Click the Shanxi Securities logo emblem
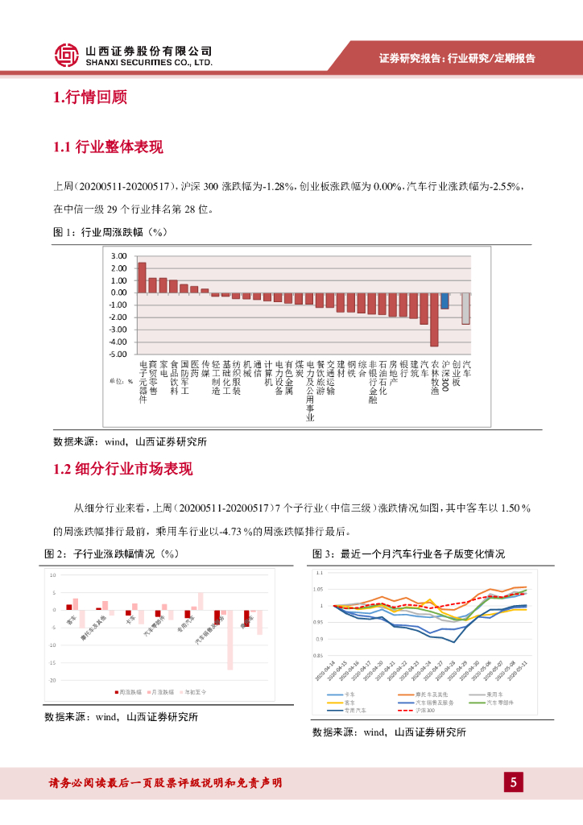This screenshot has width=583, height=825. pyautogui.click(x=66, y=55)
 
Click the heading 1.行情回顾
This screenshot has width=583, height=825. pyautogui.click(x=89, y=98)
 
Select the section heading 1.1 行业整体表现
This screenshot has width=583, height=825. pyautogui.click(x=108, y=147)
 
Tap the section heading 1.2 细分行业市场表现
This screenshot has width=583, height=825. pyautogui.click(x=122, y=469)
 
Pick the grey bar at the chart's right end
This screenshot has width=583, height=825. pyautogui.click(x=465, y=308)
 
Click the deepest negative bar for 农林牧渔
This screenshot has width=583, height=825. pyautogui.click(x=434, y=319)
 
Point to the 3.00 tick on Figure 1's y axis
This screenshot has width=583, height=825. pyautogui.click(x=119, y=256)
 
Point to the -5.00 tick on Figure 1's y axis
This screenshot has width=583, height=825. pyautogui.click(x=118, y=354)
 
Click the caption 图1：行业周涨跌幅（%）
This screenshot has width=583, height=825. pyautogui.click(x=109, y=233)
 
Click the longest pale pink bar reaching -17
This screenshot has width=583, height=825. pyautogui.click(x=229, y=641)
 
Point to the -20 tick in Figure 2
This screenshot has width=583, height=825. pyautogui.click(x=52, y=680)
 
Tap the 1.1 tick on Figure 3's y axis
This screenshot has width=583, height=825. pyautogui.click(x=318, y=573)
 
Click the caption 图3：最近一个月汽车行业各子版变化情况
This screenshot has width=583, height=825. pyautogui.click(x=408, y=554)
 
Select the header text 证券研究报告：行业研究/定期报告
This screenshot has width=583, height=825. pyautogui.click(x=457, y=59)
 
